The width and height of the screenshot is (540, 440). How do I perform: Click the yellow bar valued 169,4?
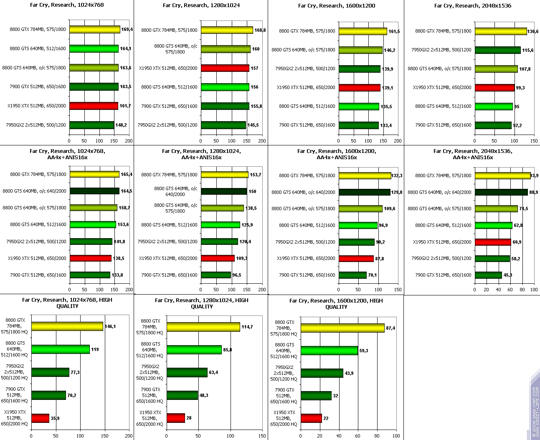(x=95, y=29)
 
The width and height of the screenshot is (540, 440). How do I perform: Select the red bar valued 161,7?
(x=94, y=106)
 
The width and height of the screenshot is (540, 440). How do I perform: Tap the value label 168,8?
(x=260, y=30)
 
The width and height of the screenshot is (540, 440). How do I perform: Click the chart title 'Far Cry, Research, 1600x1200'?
(x=337, y=6)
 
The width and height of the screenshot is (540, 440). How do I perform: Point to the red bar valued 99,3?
(x=494, y=87)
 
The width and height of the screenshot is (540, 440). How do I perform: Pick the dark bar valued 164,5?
(x=94, y=191)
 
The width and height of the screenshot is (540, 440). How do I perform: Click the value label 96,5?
(x=237, y=275)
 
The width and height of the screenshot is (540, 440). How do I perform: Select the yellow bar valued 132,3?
(x=365, y=175)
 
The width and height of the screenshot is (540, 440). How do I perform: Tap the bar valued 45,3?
(x=488, y=275)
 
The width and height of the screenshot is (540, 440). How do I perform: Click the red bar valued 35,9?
(x=40, y=418)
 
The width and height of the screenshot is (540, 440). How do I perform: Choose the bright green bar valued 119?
(x=61, y=349)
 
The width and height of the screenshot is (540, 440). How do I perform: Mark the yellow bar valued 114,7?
(x=203, y=327)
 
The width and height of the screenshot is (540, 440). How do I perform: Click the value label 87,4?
(x=390, y=328)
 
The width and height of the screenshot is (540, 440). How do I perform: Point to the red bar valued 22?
(x=311, y=418)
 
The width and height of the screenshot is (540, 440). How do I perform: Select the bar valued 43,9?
(x=322, y=373)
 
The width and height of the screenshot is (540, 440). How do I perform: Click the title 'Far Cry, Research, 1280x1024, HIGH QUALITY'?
(x=202, y=303)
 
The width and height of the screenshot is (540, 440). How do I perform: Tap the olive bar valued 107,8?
(x=496, y=69)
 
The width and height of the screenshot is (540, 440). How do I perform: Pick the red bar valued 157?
(x=225, y=68)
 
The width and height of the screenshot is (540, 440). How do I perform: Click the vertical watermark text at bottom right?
(x=535, y=412)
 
